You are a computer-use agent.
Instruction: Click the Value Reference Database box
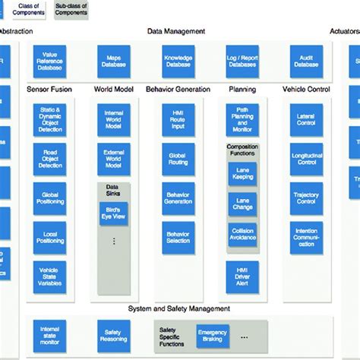click(49, 61)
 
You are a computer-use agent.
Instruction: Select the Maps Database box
click(113, 61)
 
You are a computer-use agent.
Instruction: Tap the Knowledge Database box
click(178, 61)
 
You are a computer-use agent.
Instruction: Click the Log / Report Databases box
click(242, 61)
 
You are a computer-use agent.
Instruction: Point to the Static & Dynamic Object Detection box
click(49, 120)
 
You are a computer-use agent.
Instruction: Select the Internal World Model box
click(113, 120)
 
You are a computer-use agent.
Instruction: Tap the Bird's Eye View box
click(113, 213)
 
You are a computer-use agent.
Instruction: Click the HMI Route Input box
click(178, 120)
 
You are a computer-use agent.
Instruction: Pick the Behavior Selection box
click(178, 237)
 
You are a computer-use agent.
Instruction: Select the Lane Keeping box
click(242, 173)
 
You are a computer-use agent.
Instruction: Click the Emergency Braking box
click(212, 334)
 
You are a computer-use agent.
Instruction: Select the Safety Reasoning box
click(113, 334)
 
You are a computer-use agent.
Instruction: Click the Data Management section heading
click(176, 31)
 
